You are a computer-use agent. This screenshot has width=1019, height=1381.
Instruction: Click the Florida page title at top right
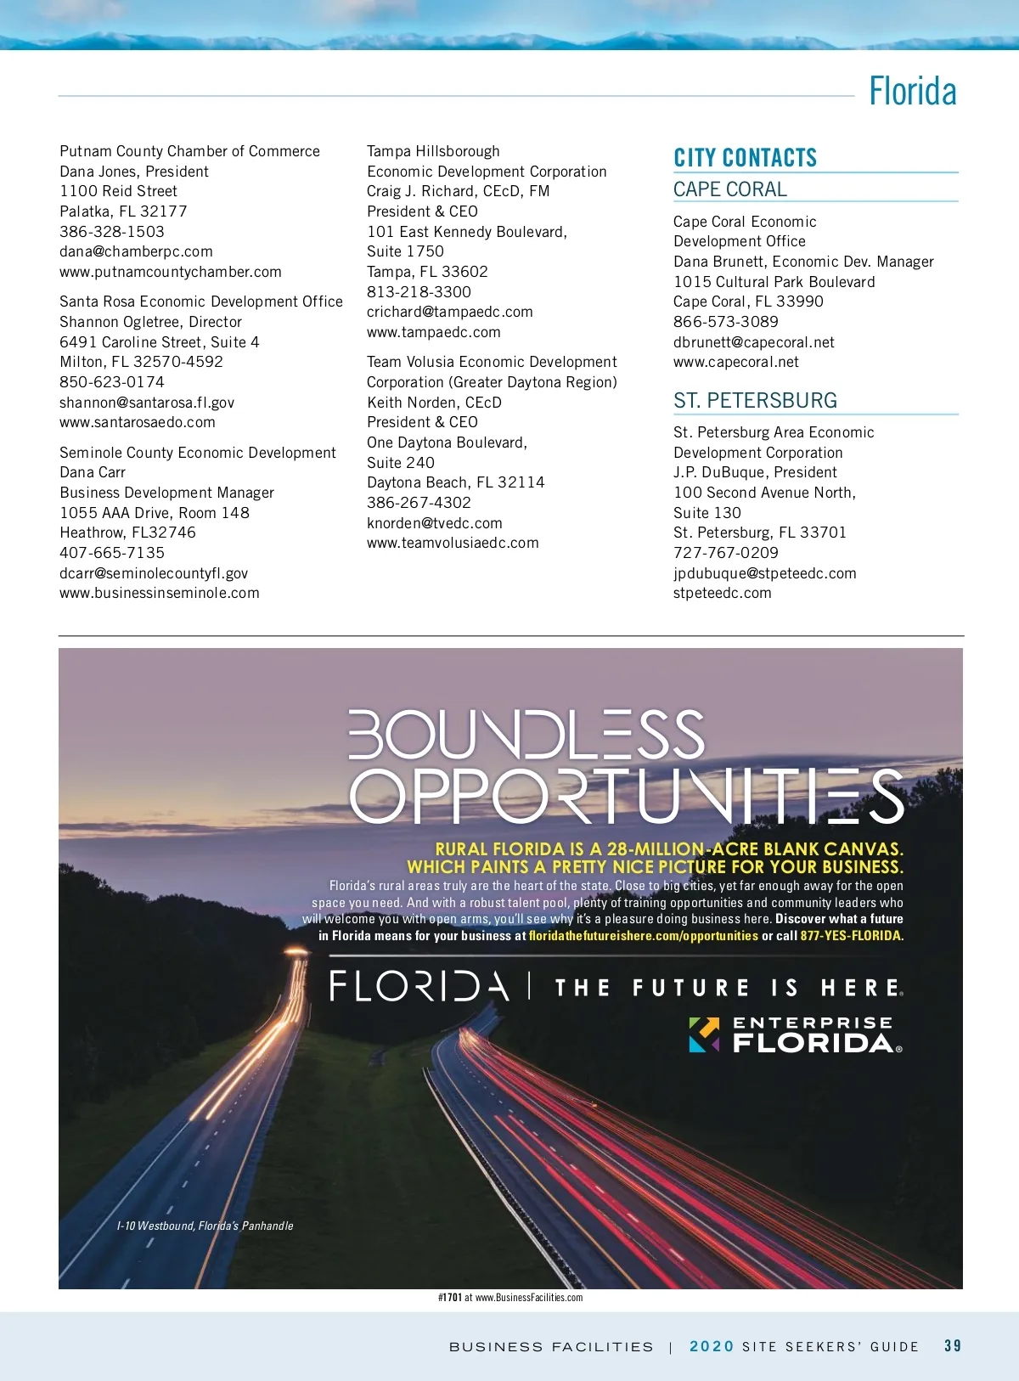pos(912,92)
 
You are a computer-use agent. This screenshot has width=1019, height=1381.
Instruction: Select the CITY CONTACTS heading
pos(745,158)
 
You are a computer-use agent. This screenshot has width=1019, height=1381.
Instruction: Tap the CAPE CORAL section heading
pos(729,189)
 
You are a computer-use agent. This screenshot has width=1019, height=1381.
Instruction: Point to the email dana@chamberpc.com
pos(136,251)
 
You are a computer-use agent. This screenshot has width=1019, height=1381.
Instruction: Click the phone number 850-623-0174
pos(112,382)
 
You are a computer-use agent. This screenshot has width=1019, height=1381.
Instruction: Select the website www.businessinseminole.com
pos(160,593)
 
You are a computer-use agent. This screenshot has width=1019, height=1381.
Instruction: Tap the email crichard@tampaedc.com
pos(449,312)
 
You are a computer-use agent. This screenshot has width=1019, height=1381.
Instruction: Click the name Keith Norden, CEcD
pos(434,403)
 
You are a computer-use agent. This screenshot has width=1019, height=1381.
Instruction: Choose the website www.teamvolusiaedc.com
pos(453,543)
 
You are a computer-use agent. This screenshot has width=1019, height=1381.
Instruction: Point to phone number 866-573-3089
pos(725,322)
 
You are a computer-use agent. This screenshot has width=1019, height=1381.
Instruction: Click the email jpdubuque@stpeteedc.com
pos(764,573)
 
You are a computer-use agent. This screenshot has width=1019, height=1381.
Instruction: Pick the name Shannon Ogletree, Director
pos(150,322)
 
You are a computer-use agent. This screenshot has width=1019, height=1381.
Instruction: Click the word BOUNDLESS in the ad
pos(526,735)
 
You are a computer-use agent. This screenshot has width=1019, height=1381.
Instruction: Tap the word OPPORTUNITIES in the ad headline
pos(627,796)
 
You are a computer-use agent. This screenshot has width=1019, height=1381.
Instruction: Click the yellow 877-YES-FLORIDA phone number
pos(851,936)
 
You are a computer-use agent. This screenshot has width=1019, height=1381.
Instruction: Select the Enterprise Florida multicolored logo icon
pos(704,1034)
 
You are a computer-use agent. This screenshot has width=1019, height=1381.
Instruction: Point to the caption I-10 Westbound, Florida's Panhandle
pos(205,1226)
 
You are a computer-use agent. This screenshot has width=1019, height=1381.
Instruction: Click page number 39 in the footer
pos(953,1346)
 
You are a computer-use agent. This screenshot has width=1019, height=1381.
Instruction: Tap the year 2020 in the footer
pos(711,1346)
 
